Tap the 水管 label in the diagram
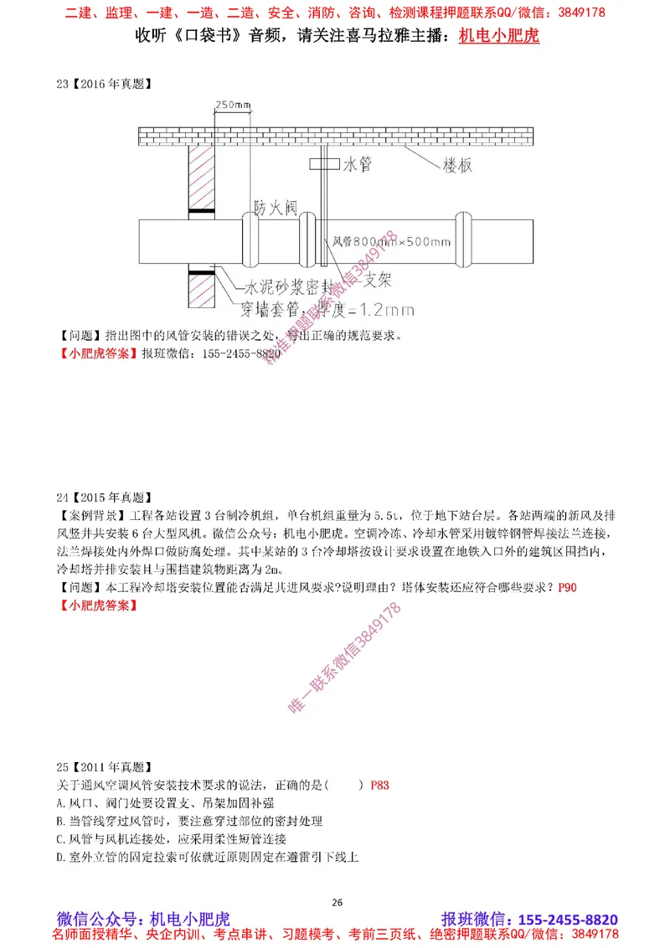tap(357, 165)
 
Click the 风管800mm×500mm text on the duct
tap(391, 242)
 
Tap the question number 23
tap(61, 83)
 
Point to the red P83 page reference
tap(379, 786)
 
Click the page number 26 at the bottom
tap(338, 902)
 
